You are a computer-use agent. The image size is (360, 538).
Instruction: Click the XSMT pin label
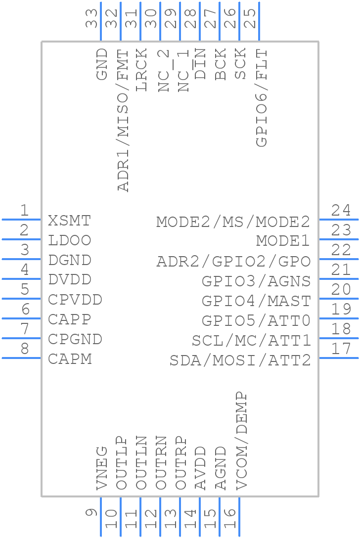(69, 221)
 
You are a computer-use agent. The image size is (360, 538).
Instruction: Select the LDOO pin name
(69, 240)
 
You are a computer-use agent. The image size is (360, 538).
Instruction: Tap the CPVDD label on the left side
(75, 300)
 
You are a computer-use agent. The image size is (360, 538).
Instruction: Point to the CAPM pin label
(70, 359)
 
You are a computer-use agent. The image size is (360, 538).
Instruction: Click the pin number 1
(24, 210)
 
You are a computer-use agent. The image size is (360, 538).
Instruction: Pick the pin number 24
(341, 210)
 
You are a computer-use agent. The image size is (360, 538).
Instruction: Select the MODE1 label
(283, 240)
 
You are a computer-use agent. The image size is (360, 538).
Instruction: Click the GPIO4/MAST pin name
(256, 301)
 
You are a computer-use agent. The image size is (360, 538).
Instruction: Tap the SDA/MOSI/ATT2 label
(240, 360)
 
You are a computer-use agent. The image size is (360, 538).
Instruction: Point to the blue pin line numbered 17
(339, 358)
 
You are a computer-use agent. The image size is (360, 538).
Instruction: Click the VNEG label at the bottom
(102, 468)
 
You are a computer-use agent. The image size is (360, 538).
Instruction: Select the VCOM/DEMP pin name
(241, 441)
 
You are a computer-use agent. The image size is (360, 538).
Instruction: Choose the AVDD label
(200, 468)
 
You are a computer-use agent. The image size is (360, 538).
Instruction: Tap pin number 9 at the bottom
(91, 513)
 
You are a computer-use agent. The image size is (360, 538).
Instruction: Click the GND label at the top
(102, 64)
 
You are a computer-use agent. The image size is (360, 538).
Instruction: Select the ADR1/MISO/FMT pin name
(123, 121)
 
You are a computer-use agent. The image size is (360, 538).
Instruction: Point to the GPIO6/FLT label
(262, 98)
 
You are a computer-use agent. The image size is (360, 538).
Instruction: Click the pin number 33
(91, 18)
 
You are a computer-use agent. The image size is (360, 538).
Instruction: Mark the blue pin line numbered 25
(259, 21)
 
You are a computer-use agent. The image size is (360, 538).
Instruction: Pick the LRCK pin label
(141, 70)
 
